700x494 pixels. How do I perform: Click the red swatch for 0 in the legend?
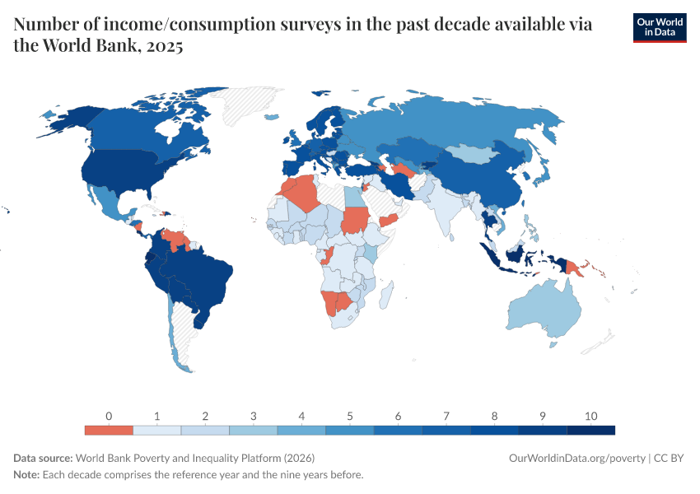click(109, 430)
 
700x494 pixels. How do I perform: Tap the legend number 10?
click(590, 416)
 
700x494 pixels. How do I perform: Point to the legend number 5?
click(350, 416)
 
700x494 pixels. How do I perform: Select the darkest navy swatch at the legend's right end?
click(591, 430)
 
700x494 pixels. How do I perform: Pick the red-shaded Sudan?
click(355, 221)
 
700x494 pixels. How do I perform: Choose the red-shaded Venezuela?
click(176, 240)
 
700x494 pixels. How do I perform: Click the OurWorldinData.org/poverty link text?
click(577, 458)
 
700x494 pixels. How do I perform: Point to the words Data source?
click(43, 458)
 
